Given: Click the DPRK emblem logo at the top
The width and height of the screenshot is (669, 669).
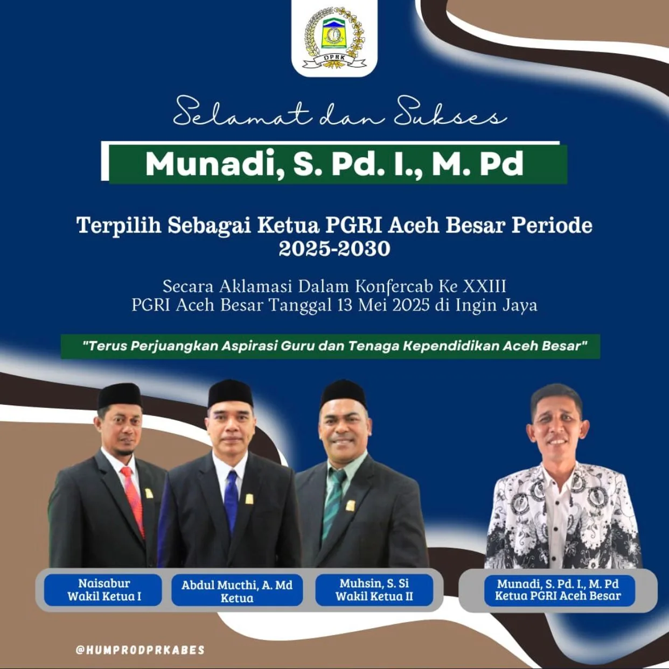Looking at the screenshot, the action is click(334, 39).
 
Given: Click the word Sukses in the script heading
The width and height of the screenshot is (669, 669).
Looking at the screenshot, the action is click(450, 113).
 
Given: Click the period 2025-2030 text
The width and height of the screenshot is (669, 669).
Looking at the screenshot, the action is click(334, 249).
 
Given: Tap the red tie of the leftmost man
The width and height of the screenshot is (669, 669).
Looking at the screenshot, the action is click(133, 501).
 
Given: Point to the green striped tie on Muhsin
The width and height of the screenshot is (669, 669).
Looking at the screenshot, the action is click(333, 503).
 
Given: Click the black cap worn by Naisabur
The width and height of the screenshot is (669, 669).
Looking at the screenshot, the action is click(120, 396).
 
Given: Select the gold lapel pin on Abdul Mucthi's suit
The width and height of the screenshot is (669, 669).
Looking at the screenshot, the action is click(249, 499).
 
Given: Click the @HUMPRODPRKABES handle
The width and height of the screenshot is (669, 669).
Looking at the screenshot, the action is click(140, 650).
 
